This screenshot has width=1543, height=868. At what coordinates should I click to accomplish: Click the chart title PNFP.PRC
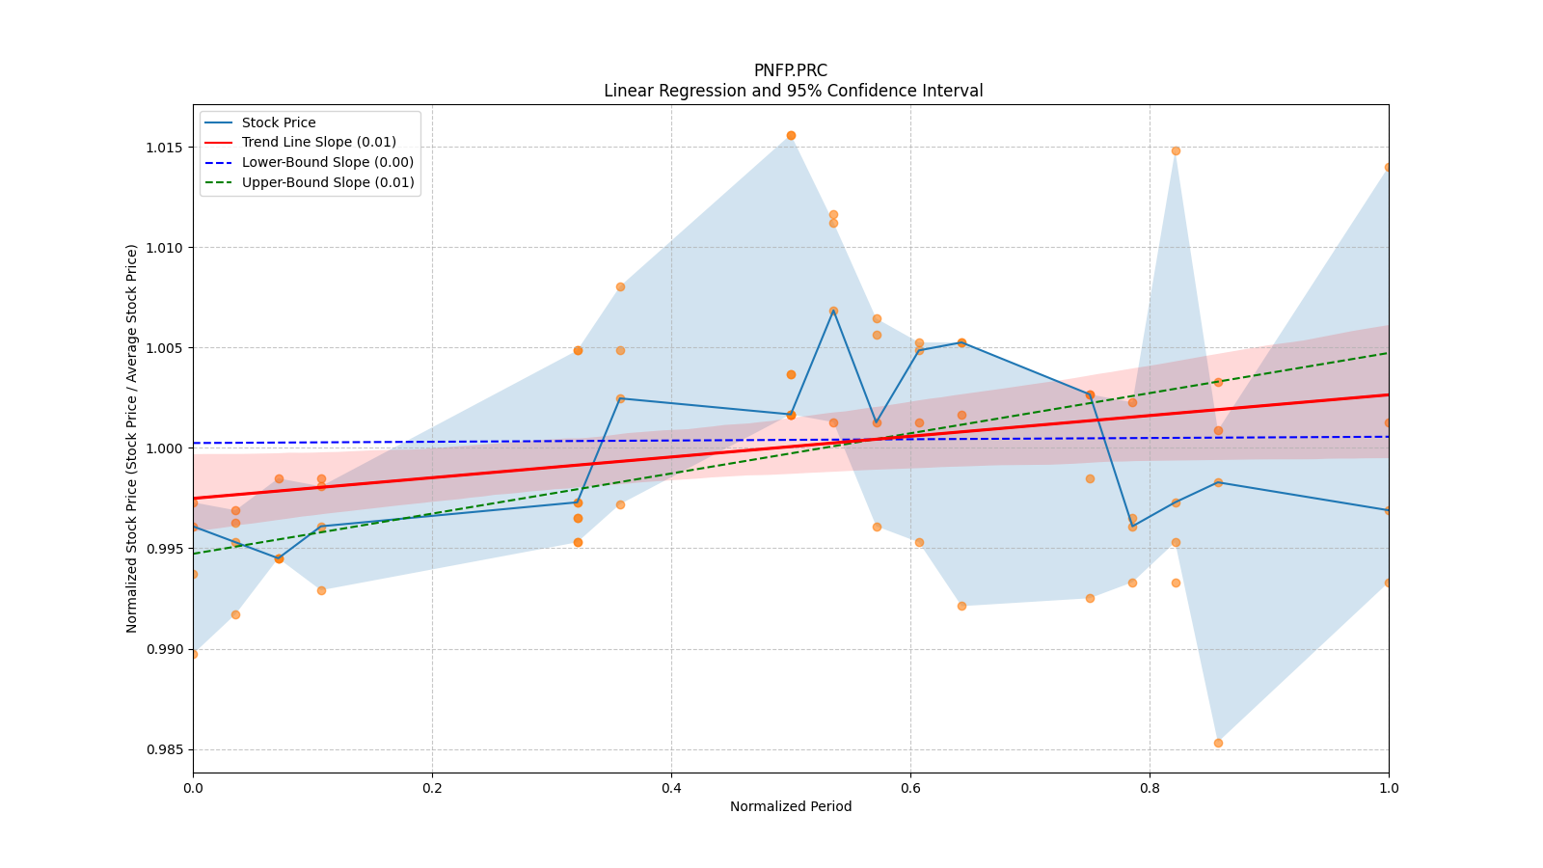click(x=790, y=70)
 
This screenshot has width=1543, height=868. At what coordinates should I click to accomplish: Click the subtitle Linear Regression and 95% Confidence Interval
click(x=793, y=91)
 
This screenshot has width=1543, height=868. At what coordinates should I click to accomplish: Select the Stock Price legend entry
click(x=279, y=122)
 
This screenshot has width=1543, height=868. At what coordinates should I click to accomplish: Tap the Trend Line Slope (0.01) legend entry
click(x=318, y=142)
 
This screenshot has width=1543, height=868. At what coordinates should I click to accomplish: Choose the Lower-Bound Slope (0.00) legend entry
click(x=327, y=162)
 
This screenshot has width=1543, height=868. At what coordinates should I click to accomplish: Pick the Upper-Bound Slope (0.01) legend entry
click(x=327, y=182)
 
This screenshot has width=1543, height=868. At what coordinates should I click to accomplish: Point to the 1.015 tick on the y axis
click(x=163, y=148)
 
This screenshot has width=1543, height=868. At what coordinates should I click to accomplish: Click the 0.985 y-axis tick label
click(x=163, y=749)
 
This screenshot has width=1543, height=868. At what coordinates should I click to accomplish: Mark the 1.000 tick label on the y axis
click(x=163, y=448)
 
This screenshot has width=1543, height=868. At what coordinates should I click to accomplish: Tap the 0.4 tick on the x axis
click(x=671, y=788)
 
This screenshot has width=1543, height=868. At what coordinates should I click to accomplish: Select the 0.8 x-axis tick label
click(x=1150, y=788)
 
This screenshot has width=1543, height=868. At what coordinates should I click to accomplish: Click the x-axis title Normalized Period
click(x=791, y=806)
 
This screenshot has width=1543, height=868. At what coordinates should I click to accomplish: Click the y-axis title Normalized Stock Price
click(x=132, y=438)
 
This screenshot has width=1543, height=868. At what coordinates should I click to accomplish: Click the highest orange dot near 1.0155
click(x=791, y=135)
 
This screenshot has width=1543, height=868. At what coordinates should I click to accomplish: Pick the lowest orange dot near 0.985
click(x=1218, y=743)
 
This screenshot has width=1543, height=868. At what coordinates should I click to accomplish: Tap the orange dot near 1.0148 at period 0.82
click(x=1176, y=150)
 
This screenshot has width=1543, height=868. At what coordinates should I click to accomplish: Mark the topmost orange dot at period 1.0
click(x=1388, y=167)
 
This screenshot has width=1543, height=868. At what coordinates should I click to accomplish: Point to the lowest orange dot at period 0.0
click(x=193, y=654)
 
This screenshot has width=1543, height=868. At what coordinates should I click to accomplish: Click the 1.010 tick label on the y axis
click(x=163, y=248)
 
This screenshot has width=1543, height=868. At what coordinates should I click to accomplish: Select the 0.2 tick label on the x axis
click(x=432, y=788)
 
